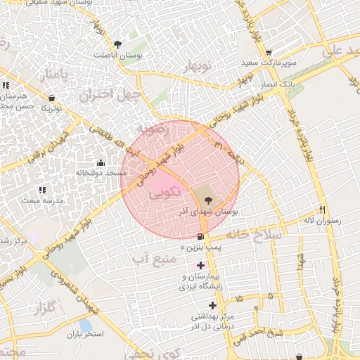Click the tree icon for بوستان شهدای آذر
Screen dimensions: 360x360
216,200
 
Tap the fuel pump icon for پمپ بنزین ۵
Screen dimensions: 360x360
202,236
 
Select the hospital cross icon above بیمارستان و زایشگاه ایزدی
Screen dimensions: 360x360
201,266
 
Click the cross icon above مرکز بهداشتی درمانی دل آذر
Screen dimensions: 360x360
213,305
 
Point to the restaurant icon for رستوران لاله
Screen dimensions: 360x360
323,209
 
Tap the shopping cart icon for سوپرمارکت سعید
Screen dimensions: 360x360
268,53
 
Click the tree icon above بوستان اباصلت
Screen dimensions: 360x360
126,44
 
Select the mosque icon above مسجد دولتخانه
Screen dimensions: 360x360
100,162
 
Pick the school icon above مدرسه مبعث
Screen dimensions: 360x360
41,190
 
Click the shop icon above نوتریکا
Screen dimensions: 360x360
51,98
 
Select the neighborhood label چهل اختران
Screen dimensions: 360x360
111,95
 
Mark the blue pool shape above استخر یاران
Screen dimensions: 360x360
85,325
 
